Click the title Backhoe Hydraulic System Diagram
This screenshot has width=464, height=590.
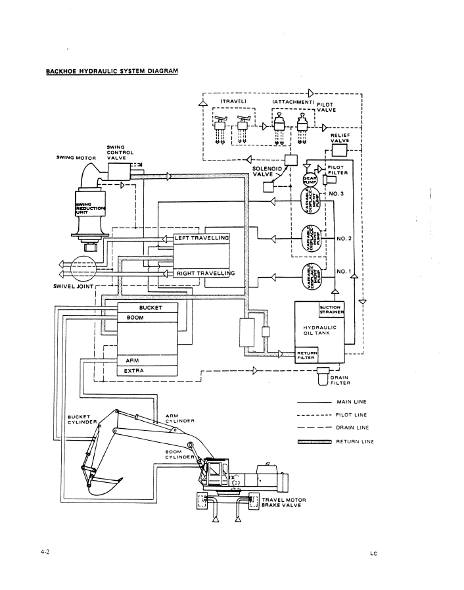coord(112,70)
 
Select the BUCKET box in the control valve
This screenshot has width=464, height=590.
coord(149,307)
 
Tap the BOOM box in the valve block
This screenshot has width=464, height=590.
coord(149,317)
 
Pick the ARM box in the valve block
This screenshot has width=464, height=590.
coord(149,360)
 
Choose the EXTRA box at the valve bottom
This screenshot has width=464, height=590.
coord(149,371)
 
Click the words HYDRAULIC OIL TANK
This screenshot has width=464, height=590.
coord(319,330)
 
